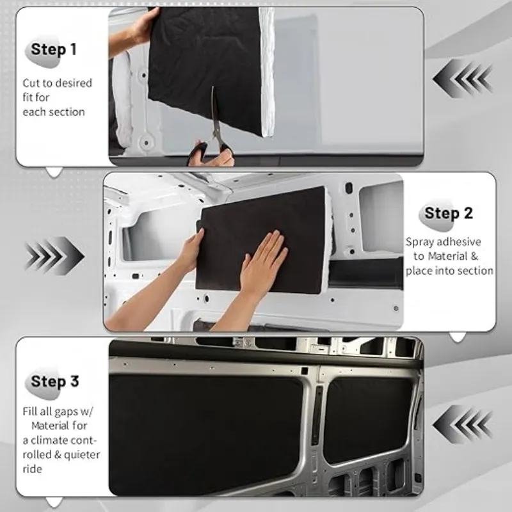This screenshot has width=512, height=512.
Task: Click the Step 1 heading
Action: [54, 49]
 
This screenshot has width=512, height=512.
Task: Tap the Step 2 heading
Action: [448, 213]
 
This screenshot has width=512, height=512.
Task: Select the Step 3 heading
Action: [55, 382]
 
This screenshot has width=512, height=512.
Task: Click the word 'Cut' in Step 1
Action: [31, 83]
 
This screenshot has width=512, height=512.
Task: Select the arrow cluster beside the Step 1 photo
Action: [462, 79]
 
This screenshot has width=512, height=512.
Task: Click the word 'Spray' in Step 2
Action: [420, 243]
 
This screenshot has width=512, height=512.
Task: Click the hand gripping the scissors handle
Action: [208, 154]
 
